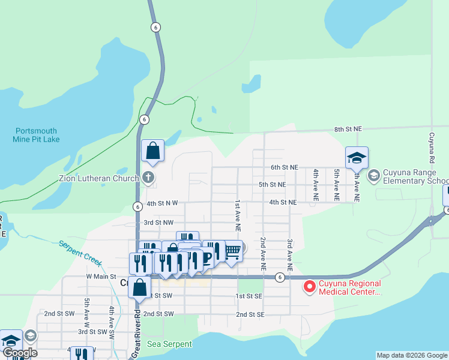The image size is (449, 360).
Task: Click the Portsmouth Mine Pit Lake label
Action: pyautogui.click(x=36, y=135)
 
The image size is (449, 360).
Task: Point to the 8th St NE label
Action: pyautogui.click(x=348, y=129)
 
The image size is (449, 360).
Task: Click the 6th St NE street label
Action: pyautogui.click(x=284, y=167)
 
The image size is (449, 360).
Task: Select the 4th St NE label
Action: pyautogui.click(x=283, y=202)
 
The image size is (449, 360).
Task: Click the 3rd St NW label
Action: pyautogui.click(x=158, y=222)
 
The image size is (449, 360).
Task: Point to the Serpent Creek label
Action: pyautogui.click(x=80, y=254)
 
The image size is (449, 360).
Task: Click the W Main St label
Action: pyautogui.click(x=101, y=276)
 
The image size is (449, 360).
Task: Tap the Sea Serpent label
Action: pyautogui.click(x=170, y=344)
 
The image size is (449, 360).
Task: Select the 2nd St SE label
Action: pyautogui.click(x=250, y=314)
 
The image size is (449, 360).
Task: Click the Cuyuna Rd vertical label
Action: pyautogui.click(x=431, y=148)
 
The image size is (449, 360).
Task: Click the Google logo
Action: pyautogui.click(x=19, y=353)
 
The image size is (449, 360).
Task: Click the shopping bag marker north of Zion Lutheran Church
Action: pyautogui.click(x=152, y=150)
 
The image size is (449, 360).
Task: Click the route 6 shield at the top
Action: pyautogui.click(x=155, y=27)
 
